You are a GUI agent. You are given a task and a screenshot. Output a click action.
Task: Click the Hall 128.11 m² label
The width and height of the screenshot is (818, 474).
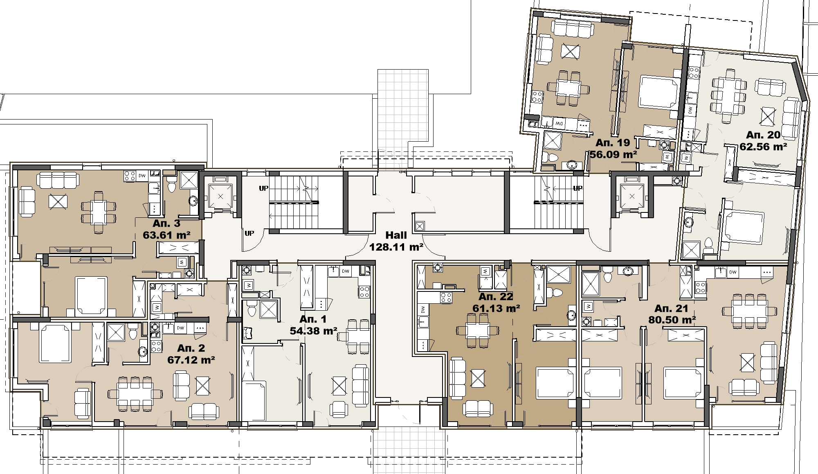click(396, 241)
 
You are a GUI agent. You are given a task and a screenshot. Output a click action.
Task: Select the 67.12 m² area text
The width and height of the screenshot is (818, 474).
click(191, 360)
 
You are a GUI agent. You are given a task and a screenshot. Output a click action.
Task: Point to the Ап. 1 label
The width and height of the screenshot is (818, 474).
click(313, 319)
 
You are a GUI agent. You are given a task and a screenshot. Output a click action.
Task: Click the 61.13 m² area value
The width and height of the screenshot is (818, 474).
click(496, 308)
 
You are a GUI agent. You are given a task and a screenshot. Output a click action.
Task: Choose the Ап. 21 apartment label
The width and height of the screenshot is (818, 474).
click(671, 308)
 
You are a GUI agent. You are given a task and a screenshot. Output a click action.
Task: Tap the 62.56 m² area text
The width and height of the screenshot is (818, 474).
click(763, 146)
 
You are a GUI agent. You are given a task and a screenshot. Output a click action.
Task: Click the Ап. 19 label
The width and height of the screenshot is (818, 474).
click(612, 143)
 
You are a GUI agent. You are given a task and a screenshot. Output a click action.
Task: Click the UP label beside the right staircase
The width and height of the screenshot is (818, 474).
click(578, 188)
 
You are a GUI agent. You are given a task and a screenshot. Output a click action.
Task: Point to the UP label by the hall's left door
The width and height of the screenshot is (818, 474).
click(249, 233)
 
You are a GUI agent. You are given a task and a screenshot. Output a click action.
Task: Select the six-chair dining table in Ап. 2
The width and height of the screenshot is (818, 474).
click(135, 394)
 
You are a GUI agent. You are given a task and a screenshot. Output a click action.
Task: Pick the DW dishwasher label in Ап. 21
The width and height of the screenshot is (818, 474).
click(733, 272)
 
